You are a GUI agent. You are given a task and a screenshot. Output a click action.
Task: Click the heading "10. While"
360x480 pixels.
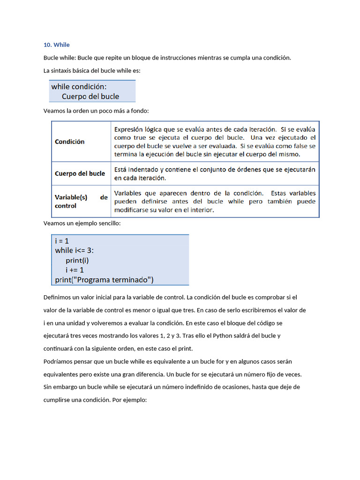[x=56, y=45]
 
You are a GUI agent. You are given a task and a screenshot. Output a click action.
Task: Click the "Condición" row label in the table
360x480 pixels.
[x=70, y=142]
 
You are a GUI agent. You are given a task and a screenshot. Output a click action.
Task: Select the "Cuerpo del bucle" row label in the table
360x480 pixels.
[x=80, y=173]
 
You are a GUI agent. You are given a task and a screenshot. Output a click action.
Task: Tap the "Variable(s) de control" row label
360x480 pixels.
[x=81, y=202]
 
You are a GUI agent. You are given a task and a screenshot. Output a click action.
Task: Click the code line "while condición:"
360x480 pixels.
[x=79, y=87]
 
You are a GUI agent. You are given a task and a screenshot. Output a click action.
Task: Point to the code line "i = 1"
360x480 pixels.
[x=62, y=240]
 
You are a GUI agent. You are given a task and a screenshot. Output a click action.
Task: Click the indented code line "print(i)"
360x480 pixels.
[x=77, y=260]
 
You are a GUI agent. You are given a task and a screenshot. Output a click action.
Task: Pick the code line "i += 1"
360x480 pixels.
[x=75, y=270]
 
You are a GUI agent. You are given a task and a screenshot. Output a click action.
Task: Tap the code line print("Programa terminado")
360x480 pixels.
[x=104, y=280]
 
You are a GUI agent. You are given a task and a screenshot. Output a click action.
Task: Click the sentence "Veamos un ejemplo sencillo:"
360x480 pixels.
[x=82, y=224]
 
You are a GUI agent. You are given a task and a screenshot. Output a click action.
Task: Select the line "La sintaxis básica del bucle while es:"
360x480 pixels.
[x=92, y=71]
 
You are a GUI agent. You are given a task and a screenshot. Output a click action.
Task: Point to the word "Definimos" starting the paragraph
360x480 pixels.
[x=57, y=297]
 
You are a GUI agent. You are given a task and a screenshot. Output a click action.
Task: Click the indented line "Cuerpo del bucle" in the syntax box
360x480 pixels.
[x=90, y=97]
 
